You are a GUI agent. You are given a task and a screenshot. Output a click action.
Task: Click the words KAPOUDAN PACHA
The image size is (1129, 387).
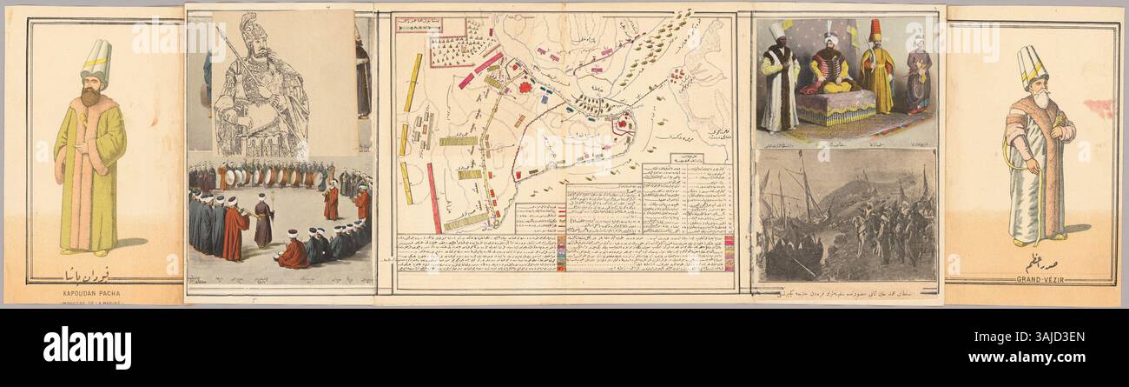[91, 293]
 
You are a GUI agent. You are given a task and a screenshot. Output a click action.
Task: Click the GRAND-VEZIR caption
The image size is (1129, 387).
[1032, 279]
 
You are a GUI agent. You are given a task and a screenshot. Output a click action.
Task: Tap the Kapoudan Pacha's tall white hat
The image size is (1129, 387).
[96, 58]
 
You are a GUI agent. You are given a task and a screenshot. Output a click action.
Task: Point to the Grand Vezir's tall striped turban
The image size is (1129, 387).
[1032, 66]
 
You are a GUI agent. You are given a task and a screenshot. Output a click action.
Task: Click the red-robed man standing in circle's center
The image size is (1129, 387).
[331, 202]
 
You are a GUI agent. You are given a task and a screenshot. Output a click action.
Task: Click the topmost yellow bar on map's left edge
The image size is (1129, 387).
[413, 83]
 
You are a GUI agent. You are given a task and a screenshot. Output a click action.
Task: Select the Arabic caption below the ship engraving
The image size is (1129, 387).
[843, 294]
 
